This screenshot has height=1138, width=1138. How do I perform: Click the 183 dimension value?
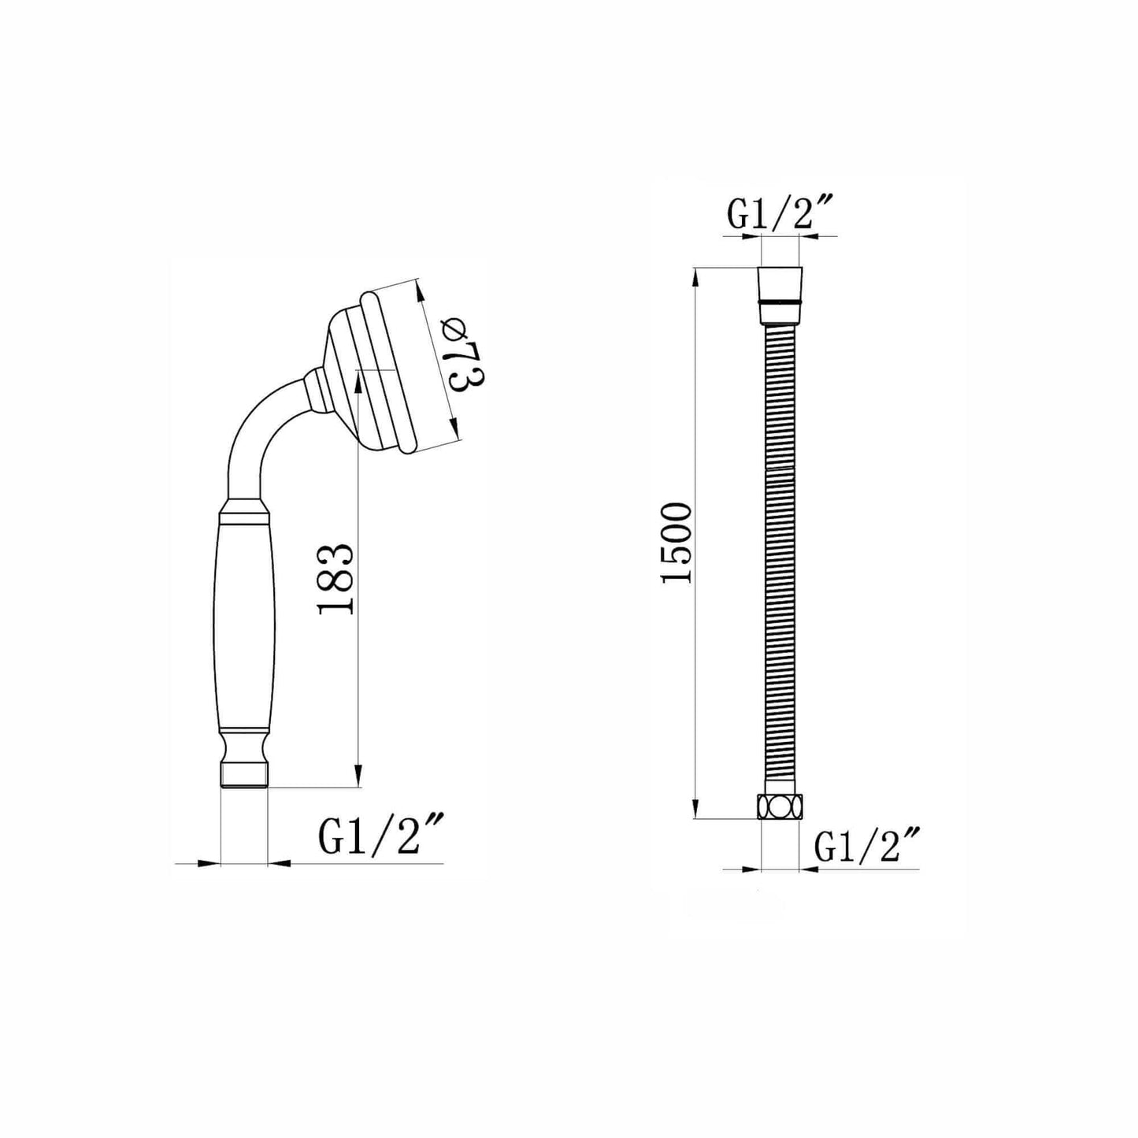pyautogui.click(x=336, y=580)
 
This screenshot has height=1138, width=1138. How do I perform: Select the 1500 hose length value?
pyautogui.click(x=676, y=543)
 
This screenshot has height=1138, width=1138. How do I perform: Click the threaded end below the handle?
pyautogui.click(x=244, y=774)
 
